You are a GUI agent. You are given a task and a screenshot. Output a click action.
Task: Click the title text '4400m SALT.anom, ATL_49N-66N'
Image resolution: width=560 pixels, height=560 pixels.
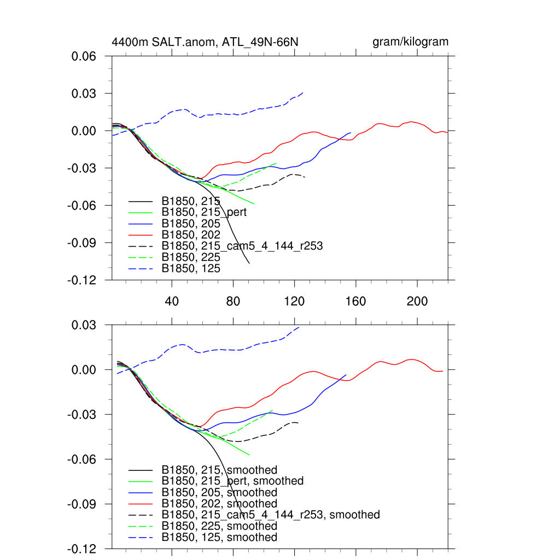[205, 42]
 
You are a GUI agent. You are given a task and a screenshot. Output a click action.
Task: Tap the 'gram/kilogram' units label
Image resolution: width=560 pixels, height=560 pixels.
[410, 42]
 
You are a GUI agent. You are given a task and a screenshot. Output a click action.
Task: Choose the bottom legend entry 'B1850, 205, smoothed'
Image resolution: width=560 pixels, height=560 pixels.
[219, 492]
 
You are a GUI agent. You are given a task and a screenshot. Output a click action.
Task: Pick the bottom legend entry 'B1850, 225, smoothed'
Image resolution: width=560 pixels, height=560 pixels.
[219, 526]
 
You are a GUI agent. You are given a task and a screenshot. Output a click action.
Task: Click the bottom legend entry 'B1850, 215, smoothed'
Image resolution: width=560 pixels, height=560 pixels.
[219, 470]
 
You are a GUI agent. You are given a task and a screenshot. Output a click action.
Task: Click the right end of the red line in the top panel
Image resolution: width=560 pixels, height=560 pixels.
[447, 132]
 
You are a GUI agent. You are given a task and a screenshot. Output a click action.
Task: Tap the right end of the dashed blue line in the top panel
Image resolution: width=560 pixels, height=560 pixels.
[303, 92]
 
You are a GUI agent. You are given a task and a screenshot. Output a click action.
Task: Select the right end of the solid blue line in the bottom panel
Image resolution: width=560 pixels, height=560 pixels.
[346, 375]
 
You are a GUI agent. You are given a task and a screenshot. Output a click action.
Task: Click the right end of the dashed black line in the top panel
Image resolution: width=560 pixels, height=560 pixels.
[305, 177]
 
